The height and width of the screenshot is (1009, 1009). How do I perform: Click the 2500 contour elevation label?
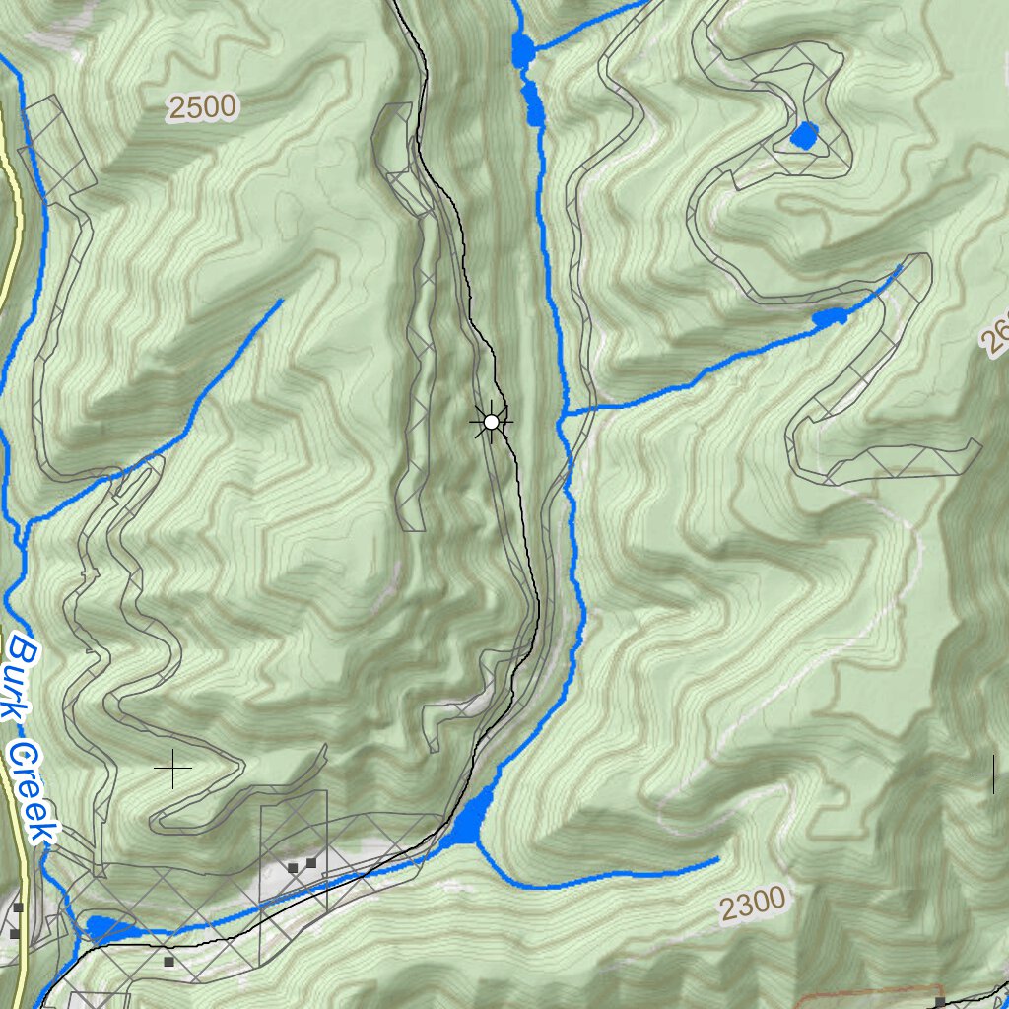pyautogui.click(x=203, y=106)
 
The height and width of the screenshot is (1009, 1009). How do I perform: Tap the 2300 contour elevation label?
pyautogui.click(x=753, y=903)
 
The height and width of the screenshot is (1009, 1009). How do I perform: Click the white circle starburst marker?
pyautogui.click(x=491, y=422)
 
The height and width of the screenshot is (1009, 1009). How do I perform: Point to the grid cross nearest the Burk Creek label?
pyautogui.click(x=173, y=769)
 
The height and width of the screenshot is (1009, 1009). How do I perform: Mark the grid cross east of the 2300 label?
pyautogui.click(x=991, y=774)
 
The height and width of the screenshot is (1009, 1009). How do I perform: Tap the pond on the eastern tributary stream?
pyautogui.click(x=830, y=317)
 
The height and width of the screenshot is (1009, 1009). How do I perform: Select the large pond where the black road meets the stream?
pyautogui.click(x=472, y=820)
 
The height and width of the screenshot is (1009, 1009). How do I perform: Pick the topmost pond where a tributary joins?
pyautogui.click(x=521, y=50)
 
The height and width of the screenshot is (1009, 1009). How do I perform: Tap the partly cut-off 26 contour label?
pyautogui.click(x=995, y=340)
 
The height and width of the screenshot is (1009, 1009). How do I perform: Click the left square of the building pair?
pyautogui.click(x=293, y=867)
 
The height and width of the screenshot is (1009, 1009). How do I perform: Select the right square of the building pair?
pyautogui.click(x=311, y=862)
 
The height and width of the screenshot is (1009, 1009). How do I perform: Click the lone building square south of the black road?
pyautogui.click(x=168, y=961)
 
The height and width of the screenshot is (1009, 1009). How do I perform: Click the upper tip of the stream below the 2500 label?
pyautogui.click(x=282, y=301)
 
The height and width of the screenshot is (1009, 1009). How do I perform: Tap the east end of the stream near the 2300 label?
pyautogui.click(x=717, y=861)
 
